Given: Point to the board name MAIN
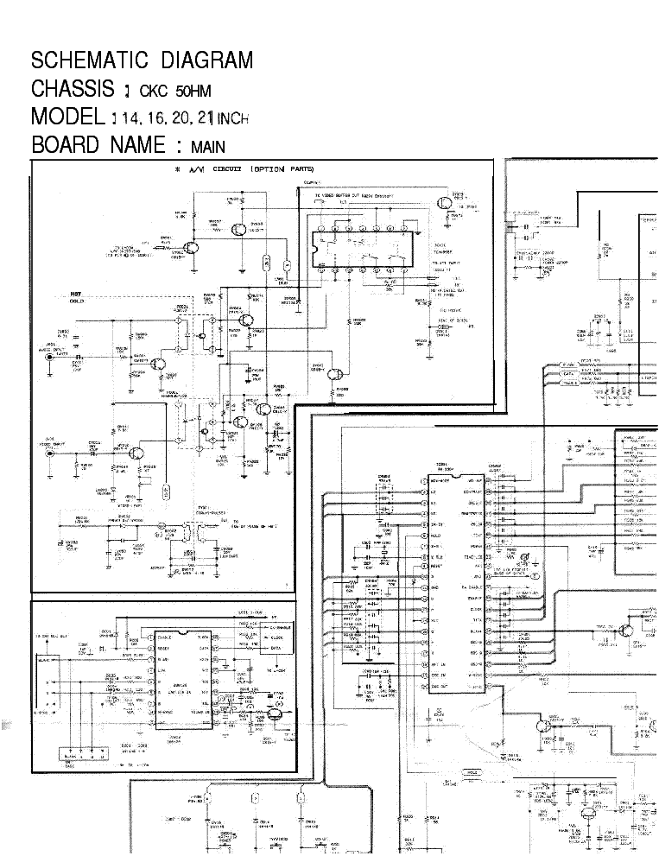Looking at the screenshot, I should [208, 147].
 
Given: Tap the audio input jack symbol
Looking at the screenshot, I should [53, 354].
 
